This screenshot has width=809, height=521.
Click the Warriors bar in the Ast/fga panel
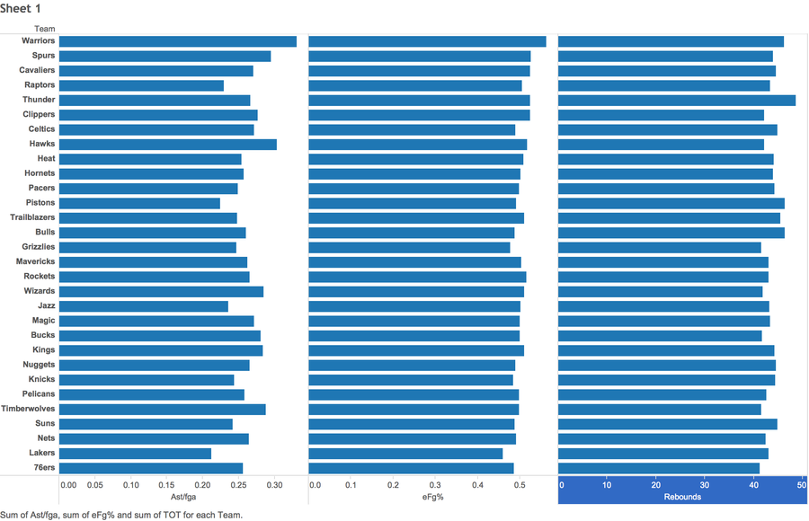click(178, 41)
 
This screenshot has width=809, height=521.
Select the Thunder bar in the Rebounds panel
click(677, 100)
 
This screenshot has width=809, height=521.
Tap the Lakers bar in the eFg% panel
click(405, 454)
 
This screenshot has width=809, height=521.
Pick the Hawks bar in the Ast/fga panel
click(168, 145)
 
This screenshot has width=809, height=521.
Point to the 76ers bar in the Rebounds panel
click(659, 468)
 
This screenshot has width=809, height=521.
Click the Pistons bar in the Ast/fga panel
click(139, 203)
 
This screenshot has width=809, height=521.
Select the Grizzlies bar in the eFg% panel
click(410, 248)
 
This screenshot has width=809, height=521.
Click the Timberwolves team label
click(28, 409)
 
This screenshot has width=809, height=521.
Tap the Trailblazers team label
click(32, 217)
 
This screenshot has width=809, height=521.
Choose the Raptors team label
click(40, 84)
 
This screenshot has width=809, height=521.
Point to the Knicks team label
click(41, 379)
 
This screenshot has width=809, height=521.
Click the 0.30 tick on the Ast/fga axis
click(274, 485)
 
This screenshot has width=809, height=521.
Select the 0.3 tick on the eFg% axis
click(435, 485)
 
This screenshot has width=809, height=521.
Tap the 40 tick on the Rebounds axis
click(753, 485)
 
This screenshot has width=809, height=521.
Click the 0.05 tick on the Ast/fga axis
click(95, 485)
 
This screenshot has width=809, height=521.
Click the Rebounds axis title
click(682, 497)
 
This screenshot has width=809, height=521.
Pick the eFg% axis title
click(433, 497)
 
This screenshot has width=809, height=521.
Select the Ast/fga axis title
click(183, 497)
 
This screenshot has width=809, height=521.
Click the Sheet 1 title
click(20, 9)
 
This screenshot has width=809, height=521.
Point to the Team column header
click(45, 29)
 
